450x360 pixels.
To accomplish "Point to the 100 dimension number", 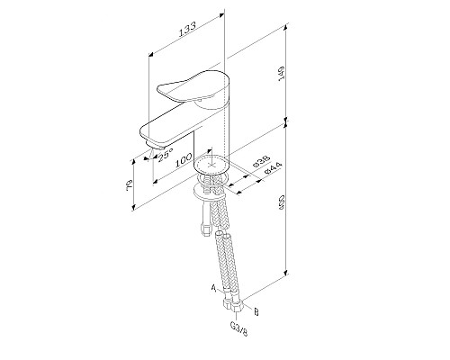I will click(x=185, y=160).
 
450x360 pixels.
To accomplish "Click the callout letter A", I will click(x=212, y=289).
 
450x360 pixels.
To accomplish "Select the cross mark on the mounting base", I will click(x=214, y=166).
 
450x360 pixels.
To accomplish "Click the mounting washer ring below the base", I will click(x=210, y=193).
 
